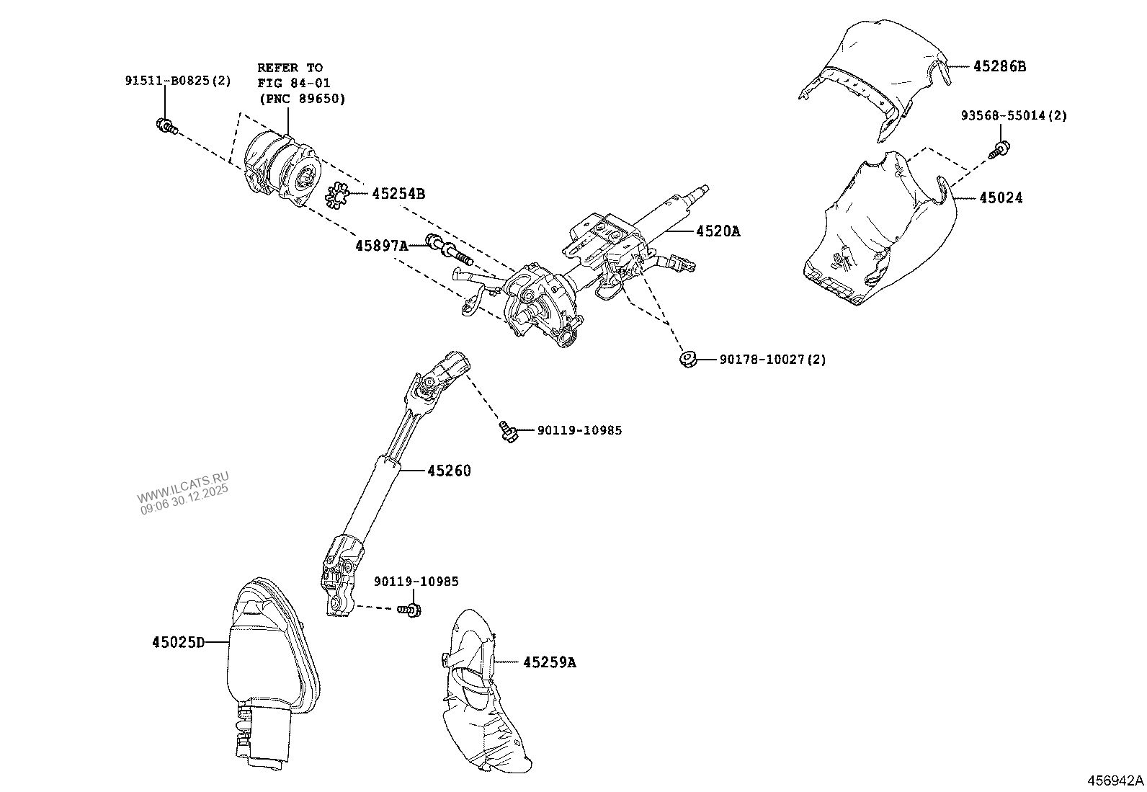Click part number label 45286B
coord(999,66)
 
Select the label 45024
coord(1001,197)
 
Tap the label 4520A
coord(718,231)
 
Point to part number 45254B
coord(398,194)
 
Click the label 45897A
coord(381,246)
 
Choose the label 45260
coord(449,471)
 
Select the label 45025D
coord(178,641)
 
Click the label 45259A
coord(549,662)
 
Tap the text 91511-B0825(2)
coord(178,81)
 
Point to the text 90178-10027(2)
coord(772,359)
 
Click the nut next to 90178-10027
coord(687,357)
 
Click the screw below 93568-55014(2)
coord(1000,150)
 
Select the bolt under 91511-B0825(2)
coord(166,127)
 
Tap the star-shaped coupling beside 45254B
coord(337,196)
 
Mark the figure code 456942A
coord(1115,781)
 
